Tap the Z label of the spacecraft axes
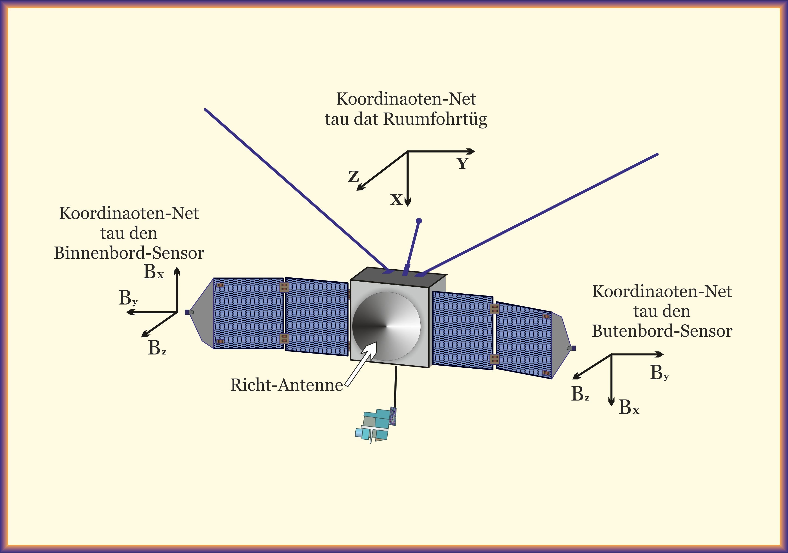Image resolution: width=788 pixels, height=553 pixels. point(354,177)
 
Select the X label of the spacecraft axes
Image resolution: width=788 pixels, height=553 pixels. point(396,200)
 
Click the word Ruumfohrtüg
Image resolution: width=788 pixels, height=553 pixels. point(435,119)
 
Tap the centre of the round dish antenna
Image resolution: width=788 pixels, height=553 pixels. point(386,326)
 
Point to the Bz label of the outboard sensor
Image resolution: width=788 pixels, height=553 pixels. point(580,394)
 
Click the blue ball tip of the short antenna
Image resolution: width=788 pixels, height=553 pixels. point(419,221)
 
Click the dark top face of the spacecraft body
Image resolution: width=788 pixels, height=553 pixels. point(398,275)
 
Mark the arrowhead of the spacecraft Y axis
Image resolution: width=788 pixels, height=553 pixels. point(472,151)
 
